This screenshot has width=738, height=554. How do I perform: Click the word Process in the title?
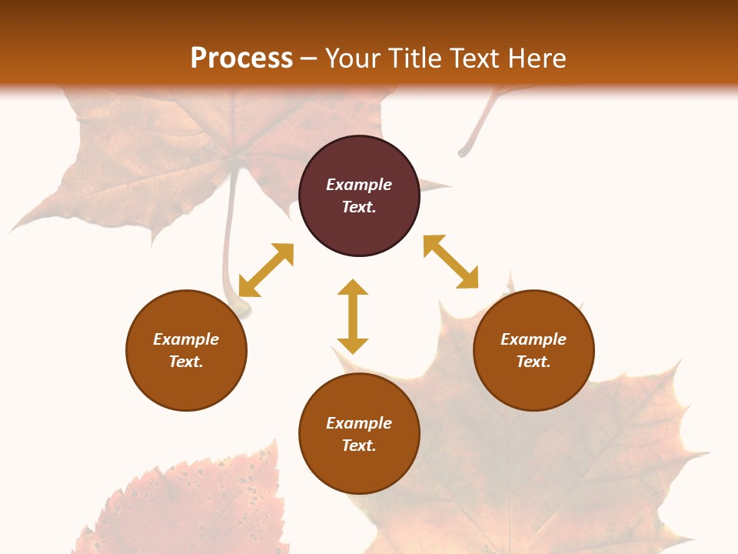tap(241, 58)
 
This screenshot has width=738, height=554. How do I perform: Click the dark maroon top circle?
tap(359, 162)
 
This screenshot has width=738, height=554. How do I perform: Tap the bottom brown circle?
tap(359, 469)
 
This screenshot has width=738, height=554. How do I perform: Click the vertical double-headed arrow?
tap(353, 316)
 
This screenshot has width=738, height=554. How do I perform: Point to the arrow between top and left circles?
tap(266, 270)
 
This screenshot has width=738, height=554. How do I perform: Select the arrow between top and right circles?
tap(450, 262)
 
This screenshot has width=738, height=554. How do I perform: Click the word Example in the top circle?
tap(359, 185)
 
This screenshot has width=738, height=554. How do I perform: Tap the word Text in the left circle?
tap(186, 362)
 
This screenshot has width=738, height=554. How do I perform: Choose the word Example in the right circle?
tap(534, 339)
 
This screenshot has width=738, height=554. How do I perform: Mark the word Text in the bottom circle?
tap(359, 446)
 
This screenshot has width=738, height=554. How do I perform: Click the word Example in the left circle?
tap(186, 339)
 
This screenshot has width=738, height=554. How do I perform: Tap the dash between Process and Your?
tap(309, 58)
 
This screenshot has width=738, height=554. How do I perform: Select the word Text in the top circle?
tap(359, 207)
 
